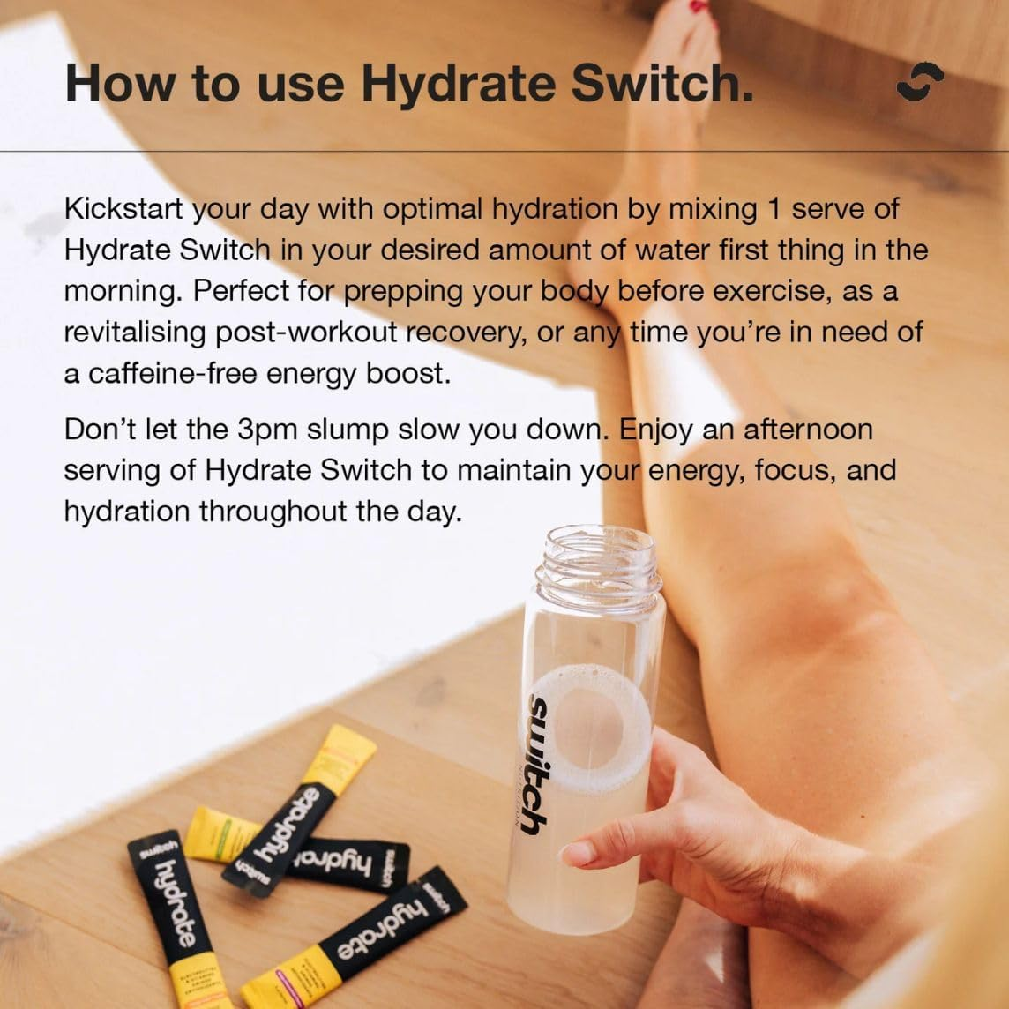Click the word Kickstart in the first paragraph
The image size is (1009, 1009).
click(123, 209)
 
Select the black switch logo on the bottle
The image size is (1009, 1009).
click(538, 763)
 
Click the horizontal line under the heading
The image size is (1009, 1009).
click(504, 151)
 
